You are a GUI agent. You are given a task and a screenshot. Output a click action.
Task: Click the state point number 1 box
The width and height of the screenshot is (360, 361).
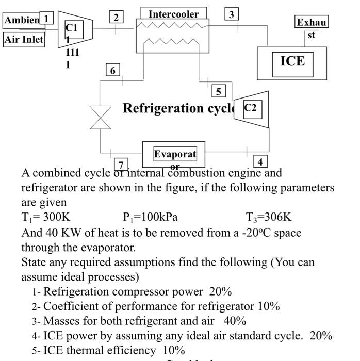tap(46, 19)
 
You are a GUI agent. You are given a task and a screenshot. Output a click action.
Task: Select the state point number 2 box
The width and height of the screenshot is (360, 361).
tap(116, 18)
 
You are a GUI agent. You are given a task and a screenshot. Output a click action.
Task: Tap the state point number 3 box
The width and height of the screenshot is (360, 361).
tap(232, 14)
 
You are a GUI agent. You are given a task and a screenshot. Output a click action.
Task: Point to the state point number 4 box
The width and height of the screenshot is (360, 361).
tap(260, 161)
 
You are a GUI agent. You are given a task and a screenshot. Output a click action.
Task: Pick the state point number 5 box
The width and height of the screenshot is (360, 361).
tap(219, 91)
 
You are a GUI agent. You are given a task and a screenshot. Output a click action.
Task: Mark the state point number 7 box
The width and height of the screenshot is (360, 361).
tap(121, 165)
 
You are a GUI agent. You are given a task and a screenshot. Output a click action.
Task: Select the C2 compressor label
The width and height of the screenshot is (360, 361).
tap(250, 108)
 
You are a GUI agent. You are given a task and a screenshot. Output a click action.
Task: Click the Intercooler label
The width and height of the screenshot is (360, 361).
tap(173, 14)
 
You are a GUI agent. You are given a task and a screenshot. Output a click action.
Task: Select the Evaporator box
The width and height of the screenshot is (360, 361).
tap(174, 154)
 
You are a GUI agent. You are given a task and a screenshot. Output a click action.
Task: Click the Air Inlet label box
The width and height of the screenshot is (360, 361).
tap(24, 39)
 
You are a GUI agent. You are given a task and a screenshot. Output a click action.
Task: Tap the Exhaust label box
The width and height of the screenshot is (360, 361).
tap(312, 23)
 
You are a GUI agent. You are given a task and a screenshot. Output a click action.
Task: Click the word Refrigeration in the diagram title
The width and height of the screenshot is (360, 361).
tap(163, 108)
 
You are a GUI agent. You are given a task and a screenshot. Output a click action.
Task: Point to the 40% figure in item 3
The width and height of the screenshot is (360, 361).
tap(235, 321)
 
